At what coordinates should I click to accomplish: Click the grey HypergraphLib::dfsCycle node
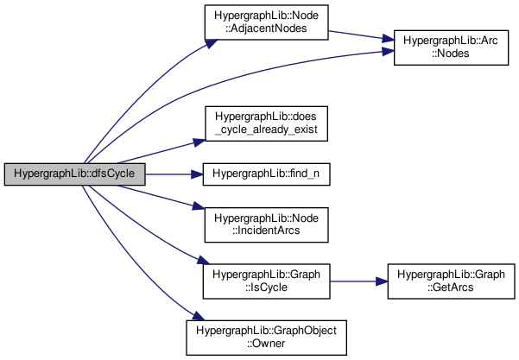pos(74,174)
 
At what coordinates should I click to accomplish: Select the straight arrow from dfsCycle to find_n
pos(173,174)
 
